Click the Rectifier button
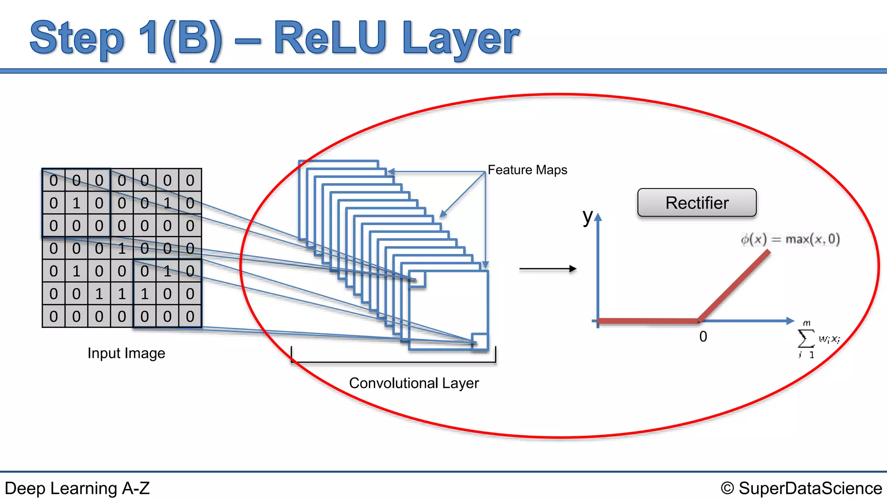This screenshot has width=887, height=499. [x=697, y=203]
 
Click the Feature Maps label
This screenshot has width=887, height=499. [x=527, y=170]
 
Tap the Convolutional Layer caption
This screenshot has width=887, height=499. [x=414, y=383]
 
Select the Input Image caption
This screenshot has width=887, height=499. [x=126, y=353]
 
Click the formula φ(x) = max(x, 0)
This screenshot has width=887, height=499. [x=790, y=239]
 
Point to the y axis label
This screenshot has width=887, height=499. [x=587, y=216]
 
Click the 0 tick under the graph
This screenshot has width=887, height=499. [x=703, y=337]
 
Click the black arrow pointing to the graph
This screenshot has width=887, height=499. [x=547, y=269]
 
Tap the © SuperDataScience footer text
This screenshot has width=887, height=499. [x=801, y=488]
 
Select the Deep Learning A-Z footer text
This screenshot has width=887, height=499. [x=77, y=488]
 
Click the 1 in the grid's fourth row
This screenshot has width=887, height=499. [x=122, y=249]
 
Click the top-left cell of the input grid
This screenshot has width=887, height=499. [x=54, y=180]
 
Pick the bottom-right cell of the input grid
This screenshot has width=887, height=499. [x=190, y=317]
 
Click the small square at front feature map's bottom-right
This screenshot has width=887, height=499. [x=479, y=341]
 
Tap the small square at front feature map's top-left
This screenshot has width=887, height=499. [x=417, y=279]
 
